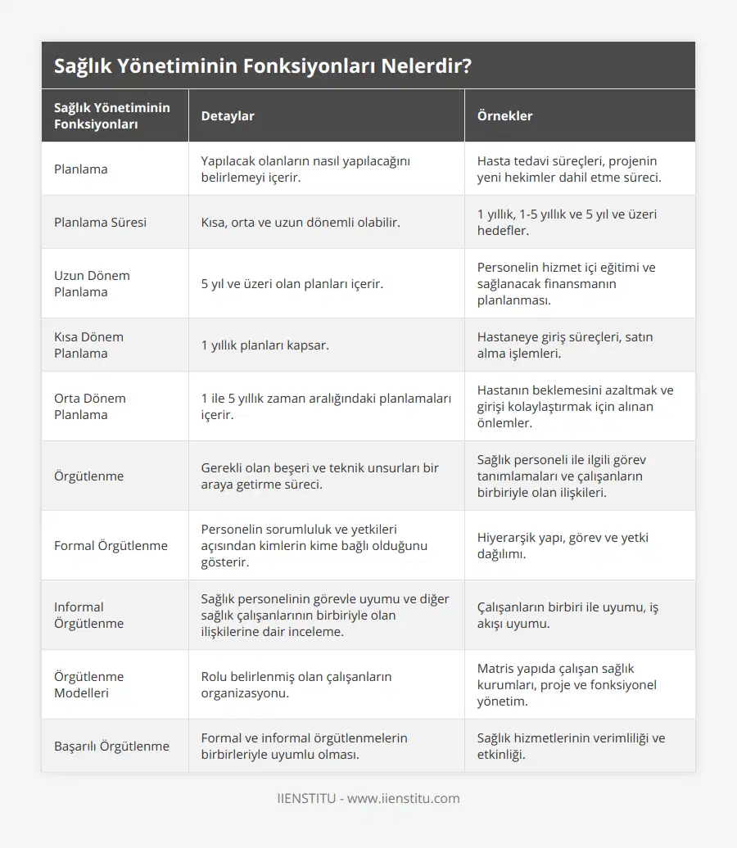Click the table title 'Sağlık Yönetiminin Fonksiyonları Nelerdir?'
point(262,66)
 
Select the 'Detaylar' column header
point(228,116)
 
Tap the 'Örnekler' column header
point(504,116)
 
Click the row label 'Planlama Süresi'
point(100,222)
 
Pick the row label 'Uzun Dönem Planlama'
point(92,283)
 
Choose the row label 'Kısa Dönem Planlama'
point(88,345)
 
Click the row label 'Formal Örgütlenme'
point(111,545)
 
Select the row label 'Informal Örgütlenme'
point(88,615)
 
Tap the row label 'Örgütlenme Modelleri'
point(89,684)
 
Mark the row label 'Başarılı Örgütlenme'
point(111,746)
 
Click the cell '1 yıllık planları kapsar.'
point(265,345)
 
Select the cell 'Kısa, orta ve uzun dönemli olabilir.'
point(301,222)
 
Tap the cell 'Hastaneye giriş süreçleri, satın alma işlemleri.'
point(565,345)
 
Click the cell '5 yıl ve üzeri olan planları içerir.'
point(293,283)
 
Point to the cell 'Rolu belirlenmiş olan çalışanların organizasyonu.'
point(296,684)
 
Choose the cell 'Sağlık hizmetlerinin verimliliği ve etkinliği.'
point(571,746)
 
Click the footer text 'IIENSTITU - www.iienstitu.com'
point(368,798)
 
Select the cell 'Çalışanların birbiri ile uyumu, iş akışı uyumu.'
point(567,615)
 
